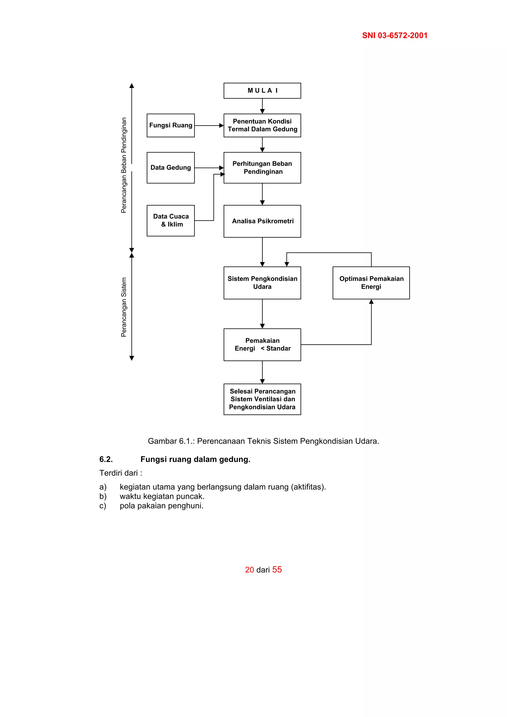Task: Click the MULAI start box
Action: pos(262,91)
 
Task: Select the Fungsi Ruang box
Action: pos(171,125)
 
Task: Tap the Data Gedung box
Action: pos(171,168)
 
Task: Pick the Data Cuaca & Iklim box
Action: pos(171,220)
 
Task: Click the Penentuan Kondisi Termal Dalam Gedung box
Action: pos(262,125)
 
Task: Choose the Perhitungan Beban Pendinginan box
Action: pos(262,168)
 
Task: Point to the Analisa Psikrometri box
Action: pos(262,221)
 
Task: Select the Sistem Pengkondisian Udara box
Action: pos(262,283)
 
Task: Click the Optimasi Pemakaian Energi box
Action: pos(371,283)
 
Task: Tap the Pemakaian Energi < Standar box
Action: pos(262,344)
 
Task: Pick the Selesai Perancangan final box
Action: pos(262,399)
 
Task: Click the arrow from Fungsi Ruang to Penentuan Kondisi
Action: pos(209,125)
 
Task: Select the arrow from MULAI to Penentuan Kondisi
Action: pos(262,106)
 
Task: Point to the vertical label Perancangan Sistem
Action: pos(124,307)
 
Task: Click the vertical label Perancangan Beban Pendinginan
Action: pos(124,165)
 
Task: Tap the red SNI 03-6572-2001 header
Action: pos(395,36)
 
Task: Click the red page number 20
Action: pos(249,570)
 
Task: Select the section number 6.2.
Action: pos(106,459)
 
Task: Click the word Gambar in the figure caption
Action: pos(162,441)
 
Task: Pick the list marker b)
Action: pos(103,496)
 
